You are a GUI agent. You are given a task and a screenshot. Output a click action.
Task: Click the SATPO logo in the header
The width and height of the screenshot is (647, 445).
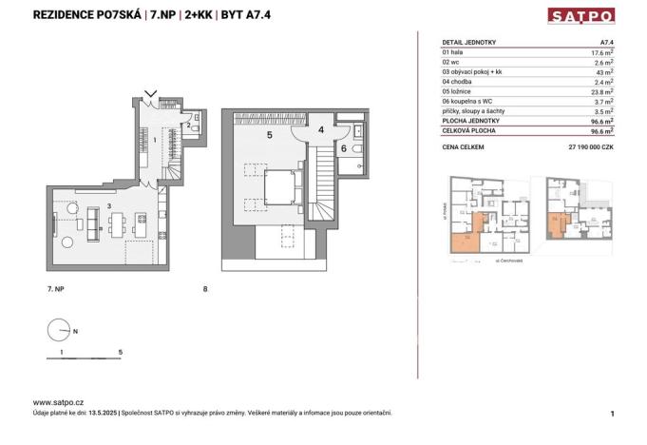pyautogui.click(x=580, y=15)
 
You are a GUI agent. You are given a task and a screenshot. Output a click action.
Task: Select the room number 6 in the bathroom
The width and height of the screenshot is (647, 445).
pyautogui.click(x=344, y=148)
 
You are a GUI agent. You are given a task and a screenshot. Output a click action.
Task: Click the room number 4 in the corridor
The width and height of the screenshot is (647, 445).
pyautogui.click(x=321, y=127)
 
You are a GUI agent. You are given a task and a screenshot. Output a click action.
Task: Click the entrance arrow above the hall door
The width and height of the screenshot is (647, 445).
pyautogui.click(x=148, y=94)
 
